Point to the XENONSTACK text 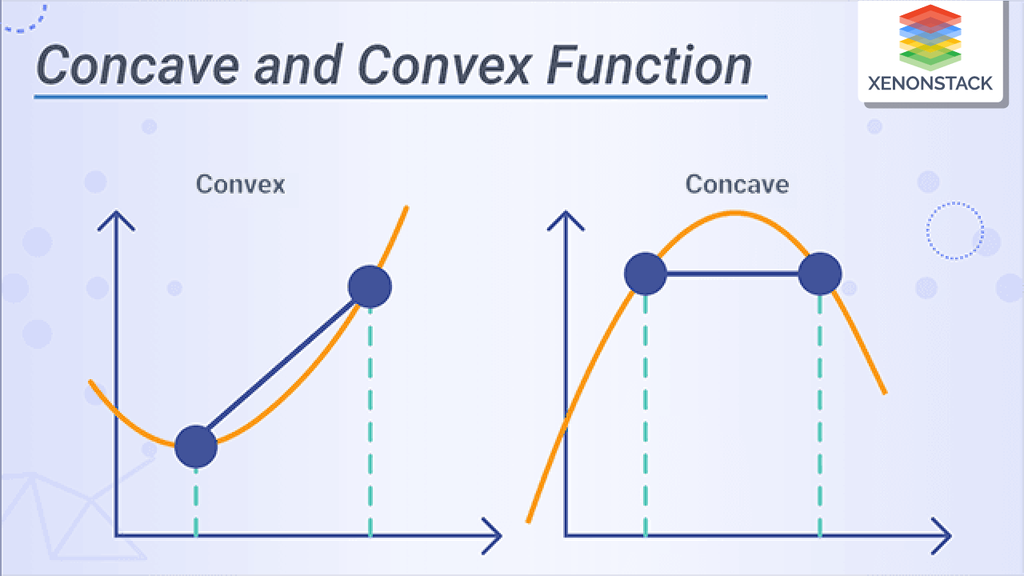(930, 83)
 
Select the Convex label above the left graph (240, 184)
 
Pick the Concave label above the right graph (737, 184)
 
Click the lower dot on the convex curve (196, 446)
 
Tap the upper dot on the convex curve (370, 286)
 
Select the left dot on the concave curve (646, 274)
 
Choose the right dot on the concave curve (820, 274)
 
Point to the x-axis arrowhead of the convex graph (493, 535)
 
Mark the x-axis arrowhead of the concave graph (942, 535)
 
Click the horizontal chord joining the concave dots (733, 274)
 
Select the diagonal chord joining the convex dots (282, 366)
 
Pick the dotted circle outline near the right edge (954, 231)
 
